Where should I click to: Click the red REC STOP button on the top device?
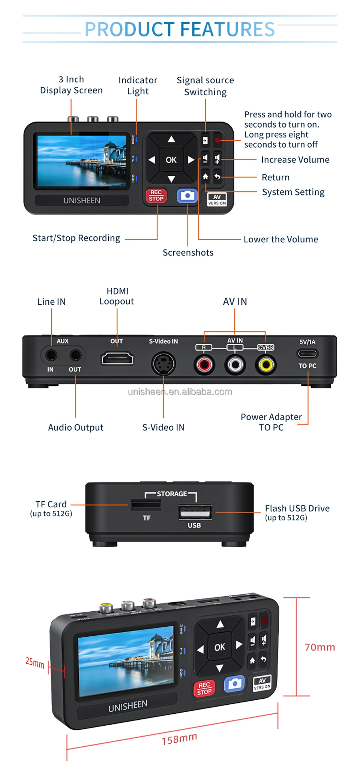pyautogui.click(x=156, y=195)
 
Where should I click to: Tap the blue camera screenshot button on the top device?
pyautogui.click(x=187, y=195)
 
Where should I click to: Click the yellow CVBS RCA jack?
pyautogui.click(x=266, y=364)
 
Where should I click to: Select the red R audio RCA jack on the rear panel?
pyautogui.click(x=204, y=364)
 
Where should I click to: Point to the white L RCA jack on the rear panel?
pyautogui.click(x=235, y=364)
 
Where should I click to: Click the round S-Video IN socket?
pyautogui.click(x=163, y=364)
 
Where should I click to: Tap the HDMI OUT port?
pyautogui.click(x=117, y=359)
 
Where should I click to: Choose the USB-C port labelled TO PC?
pyautogui.click(x=307, y=353)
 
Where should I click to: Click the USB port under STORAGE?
pyautogui.click(x=195, y=512)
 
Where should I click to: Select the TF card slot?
pyautogui.click(x=146, y=505)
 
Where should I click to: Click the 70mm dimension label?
pyautogui.click(x=319, y=647)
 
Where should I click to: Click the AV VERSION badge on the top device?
pyautogui.click(x=217, y=199)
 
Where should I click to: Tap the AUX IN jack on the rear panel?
pyautogui.click(x=51, y=355)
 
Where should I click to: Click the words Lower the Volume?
pyautogui.click(x=280, y=239)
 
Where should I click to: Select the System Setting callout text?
pyautogui.click(x=293, y=192)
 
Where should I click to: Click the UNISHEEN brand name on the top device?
pyautogui.click(x=82, y=200)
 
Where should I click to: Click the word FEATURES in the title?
pyautogui.click(x=228, y=29)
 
